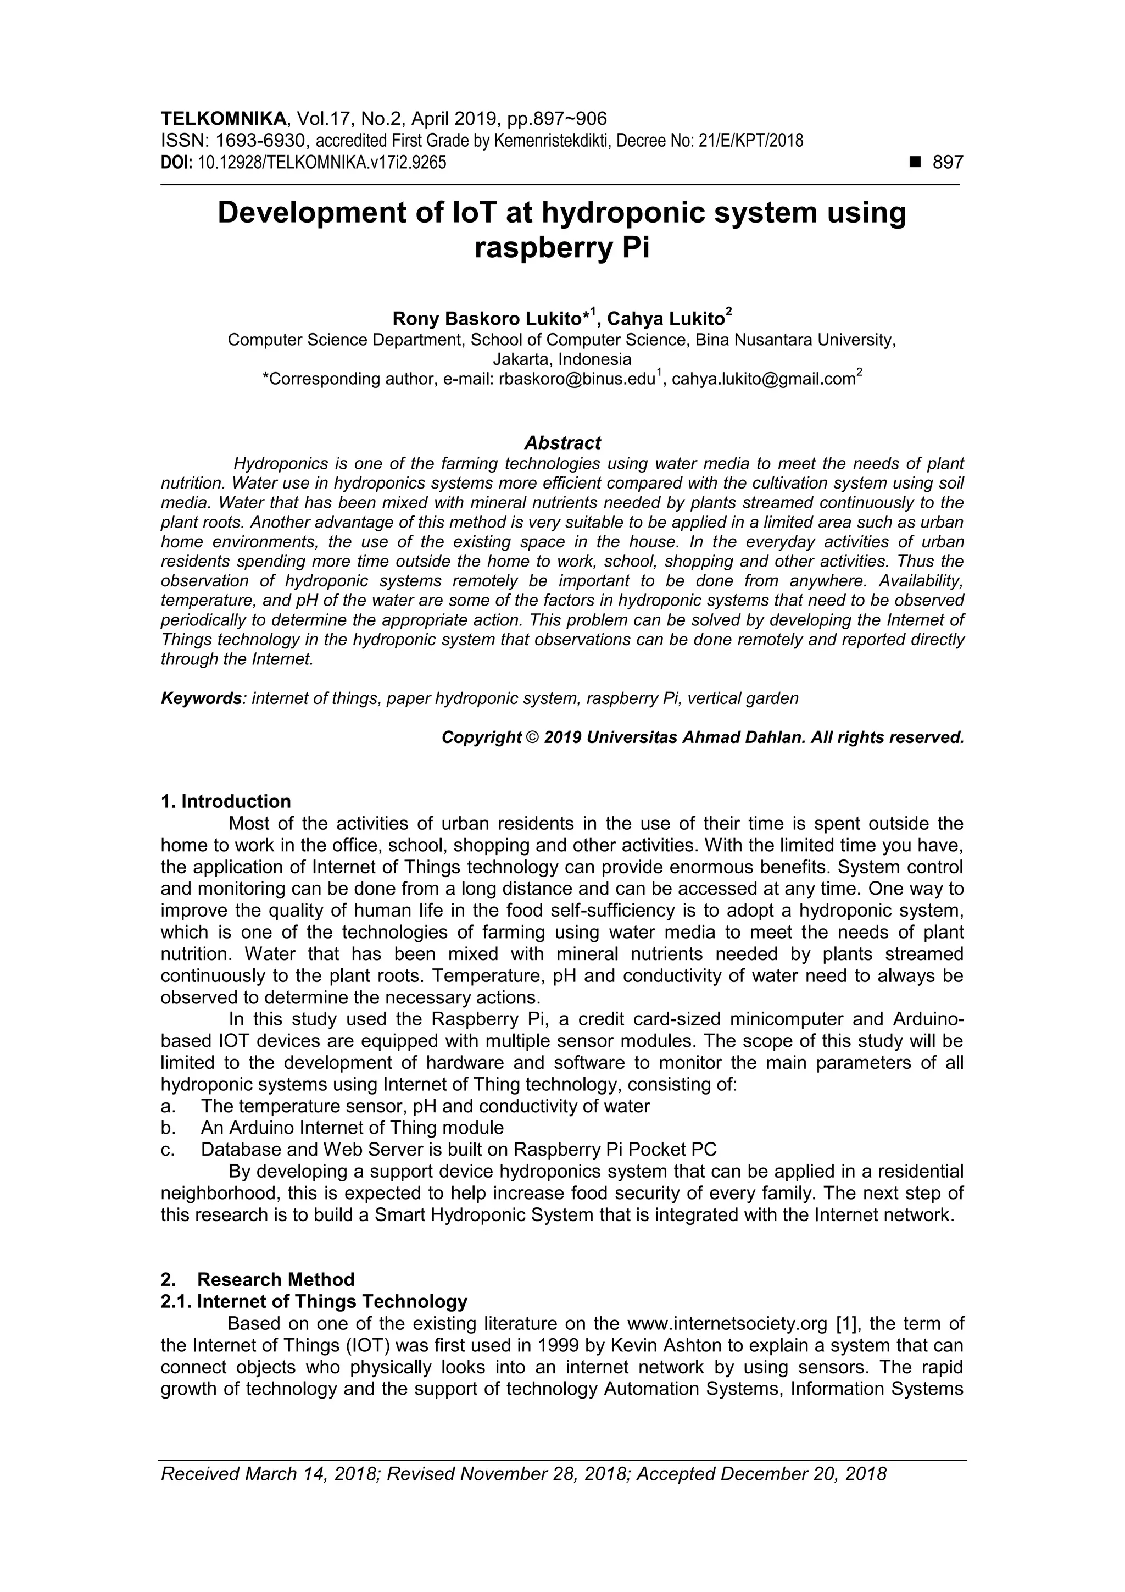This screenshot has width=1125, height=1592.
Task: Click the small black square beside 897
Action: pos(915,162)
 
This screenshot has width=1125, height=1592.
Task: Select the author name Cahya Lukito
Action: pos(665,319)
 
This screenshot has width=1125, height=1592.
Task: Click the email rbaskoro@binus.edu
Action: pos(577,379)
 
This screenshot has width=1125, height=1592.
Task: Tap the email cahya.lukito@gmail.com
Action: pos(763,379)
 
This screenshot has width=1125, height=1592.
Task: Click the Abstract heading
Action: pos(562,442)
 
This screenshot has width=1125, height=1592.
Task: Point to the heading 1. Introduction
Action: pos(226,802)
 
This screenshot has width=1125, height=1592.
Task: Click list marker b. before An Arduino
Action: pos(166,1128)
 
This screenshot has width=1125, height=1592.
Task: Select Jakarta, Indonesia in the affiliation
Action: pos(562,359)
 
